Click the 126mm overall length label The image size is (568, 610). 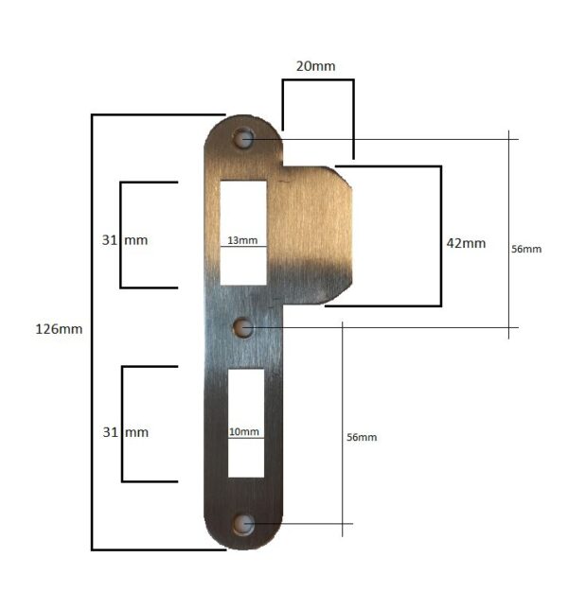[x=59, y=329]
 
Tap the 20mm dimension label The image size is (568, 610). [x=316, y=66]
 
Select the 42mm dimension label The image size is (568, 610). [x=466, y=243]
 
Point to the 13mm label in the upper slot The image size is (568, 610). [x=242, y=240]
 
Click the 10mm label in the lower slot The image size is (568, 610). [x=243, y=431]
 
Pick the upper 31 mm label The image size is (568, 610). [x=125, y=240]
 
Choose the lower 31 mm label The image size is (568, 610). [x=126, y=432]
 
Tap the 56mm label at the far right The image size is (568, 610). [x=526, y=249]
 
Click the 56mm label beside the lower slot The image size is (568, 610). [x=362, y=437]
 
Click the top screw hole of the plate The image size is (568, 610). [x=243, y=138]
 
